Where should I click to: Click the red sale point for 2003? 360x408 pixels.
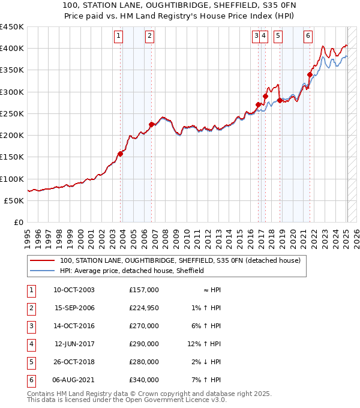pyautogui.click(x=121, y=154)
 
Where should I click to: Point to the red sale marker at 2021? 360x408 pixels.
pyautogui.click(x=310, y=75)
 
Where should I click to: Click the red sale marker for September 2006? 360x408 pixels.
pyautogui.click(x=152, y=125)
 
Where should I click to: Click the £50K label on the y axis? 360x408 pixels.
pyautogui.click(x=14, y=201)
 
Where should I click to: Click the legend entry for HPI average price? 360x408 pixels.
pyautogui.click(x=131, y=271)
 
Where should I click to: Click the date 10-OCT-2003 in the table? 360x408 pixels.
pyautogui.click(x=74, y=290)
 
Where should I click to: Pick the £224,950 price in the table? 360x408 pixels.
pyautogui.click(x=143, y=308)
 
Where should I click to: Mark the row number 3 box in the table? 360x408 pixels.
pyautogui.click(x=30, y=326)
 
